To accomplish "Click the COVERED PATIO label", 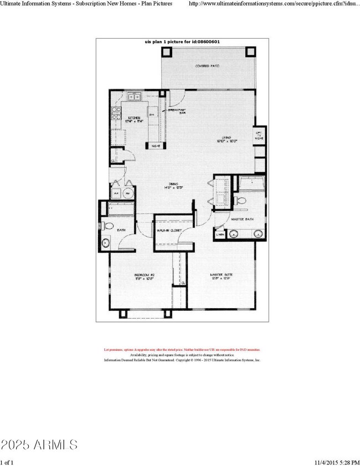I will point(208,66).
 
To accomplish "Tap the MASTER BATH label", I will point(242,220).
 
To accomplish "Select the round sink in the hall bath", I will point(105,242).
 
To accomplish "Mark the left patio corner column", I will point(167,52).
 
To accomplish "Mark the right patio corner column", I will point(250,52).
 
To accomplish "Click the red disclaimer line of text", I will point(182,350).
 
